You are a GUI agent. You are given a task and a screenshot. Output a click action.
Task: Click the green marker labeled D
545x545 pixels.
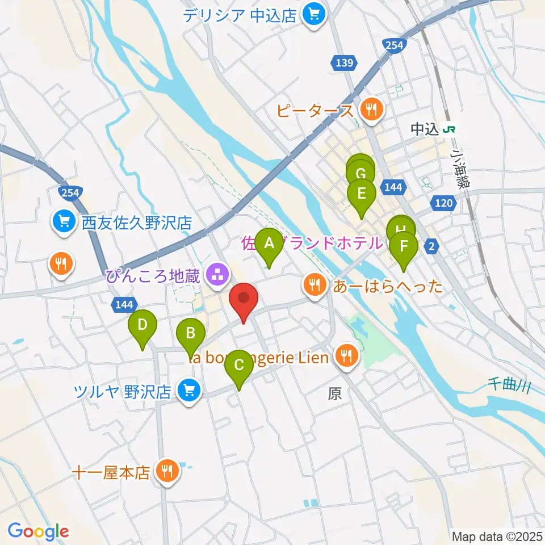tap(142, 326)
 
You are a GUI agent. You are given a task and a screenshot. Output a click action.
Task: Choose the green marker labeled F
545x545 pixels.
tap(404, 247)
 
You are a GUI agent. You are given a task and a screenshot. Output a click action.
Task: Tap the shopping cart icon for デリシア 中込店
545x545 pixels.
tap(313, 13)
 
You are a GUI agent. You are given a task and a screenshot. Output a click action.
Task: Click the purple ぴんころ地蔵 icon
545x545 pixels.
tap(216, 277)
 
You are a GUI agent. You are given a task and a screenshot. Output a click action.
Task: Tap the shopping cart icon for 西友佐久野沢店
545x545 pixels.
tap(62, 221)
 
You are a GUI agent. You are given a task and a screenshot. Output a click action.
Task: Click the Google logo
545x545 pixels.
tap(38, 531)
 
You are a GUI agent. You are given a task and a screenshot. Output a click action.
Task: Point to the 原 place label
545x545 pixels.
tap(335, 394)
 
